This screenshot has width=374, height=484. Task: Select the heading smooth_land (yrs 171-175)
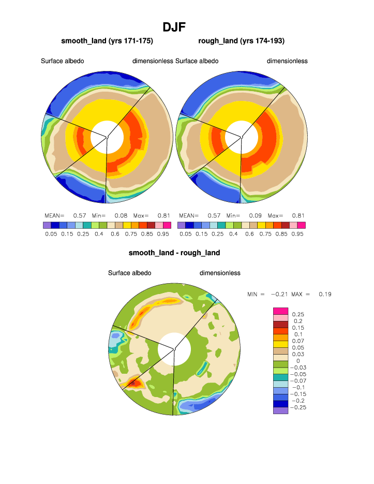tap(107, 41)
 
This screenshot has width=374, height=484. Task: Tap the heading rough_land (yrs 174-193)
tap(242, 41)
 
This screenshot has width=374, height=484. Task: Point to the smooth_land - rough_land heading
tap(174, 253)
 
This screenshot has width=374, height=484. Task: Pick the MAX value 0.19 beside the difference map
tap(325, 294)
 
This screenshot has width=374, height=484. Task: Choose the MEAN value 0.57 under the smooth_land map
tap(79, 215)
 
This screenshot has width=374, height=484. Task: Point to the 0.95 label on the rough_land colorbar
tap(297, 234)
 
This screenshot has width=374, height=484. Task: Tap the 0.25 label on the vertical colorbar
tap(298, 314)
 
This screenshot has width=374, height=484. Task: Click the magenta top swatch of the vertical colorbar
tap(280, 311)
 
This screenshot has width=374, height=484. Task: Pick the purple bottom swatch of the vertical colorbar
tap(280, 410)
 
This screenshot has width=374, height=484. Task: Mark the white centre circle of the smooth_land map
tap(107, 137)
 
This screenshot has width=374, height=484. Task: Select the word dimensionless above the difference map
tap(220, 273)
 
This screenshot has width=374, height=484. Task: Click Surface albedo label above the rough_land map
tap(197, 61)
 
